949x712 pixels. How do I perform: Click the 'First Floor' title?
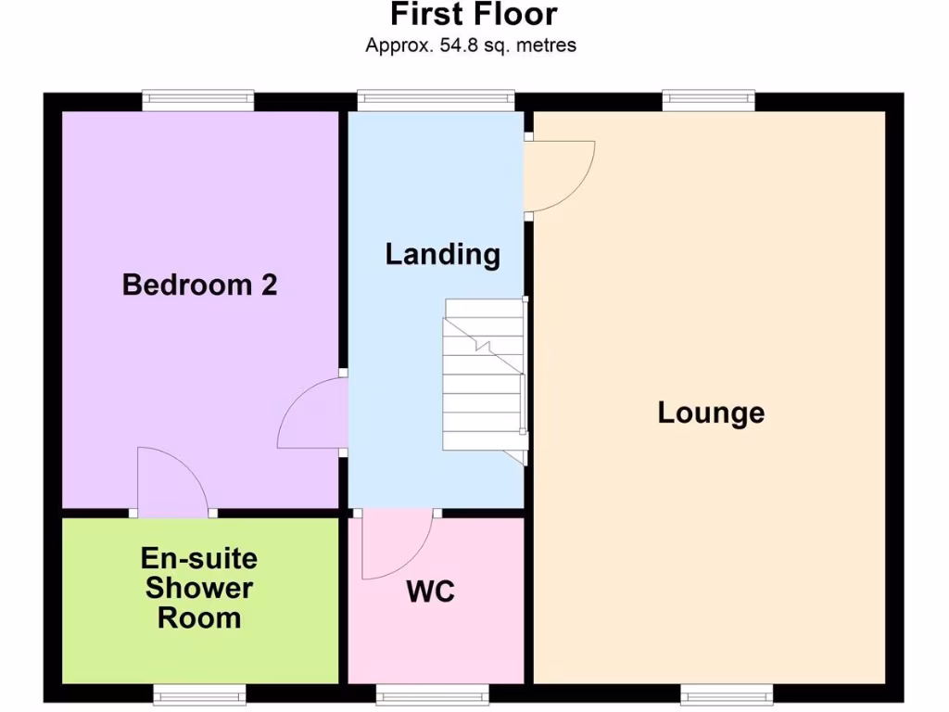click(474, 15)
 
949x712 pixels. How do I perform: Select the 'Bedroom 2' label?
click(199, 285)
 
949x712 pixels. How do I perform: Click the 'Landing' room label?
click(443, 254)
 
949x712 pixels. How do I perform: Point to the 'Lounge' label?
click(711, 413)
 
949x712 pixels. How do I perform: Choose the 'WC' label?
click(431, 591)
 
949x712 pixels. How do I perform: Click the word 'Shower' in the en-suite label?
click(199, 588)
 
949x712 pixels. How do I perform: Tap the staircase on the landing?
click(484, 375)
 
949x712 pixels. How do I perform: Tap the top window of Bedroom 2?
click(198, 100)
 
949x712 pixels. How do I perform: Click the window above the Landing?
click(436, 100)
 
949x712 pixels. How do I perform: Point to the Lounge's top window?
click(708, 100)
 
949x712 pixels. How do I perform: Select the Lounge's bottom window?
click(727, 694)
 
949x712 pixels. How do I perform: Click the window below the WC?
click(431, 694)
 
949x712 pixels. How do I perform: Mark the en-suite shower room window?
click(199, 694)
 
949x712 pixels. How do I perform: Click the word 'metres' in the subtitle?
click(546, 44)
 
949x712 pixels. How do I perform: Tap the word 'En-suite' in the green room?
click(199, 558)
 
